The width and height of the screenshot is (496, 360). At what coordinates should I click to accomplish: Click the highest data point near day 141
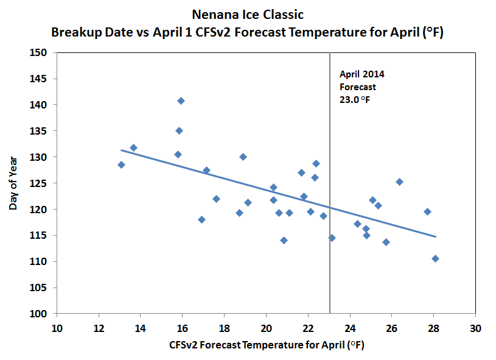click(x=181, y=101)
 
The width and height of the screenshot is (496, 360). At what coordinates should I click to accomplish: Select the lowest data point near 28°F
click(x=435, y=258)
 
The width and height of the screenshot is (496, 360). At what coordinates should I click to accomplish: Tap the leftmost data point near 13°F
click(x=121, y=164)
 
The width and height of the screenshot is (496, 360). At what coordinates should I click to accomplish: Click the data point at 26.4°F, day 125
click(x=399, y=182)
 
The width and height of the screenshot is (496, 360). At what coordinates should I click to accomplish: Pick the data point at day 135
click(x=179, y=130)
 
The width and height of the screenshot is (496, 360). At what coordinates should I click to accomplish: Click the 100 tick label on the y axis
click(x=41, y=314)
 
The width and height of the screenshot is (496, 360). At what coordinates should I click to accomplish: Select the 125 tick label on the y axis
click(x=41, y=183)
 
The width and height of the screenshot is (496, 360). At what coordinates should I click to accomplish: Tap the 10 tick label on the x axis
click(x=57, y=328)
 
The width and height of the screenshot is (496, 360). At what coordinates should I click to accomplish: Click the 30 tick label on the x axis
click(x=475, y=328)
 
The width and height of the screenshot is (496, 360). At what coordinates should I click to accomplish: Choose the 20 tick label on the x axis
click(x=266, y=328)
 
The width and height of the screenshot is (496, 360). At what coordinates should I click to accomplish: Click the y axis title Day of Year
click(x=13, y=183)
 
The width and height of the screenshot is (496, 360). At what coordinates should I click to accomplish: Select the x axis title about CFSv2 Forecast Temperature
click(x=266, y=345)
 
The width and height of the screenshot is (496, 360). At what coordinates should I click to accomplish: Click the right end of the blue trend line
click(x=436, y=236)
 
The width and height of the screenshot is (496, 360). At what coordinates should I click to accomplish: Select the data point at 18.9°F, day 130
click(x=243, y=157)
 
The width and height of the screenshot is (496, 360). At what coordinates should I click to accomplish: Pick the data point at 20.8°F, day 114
click(x=284, y=240)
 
